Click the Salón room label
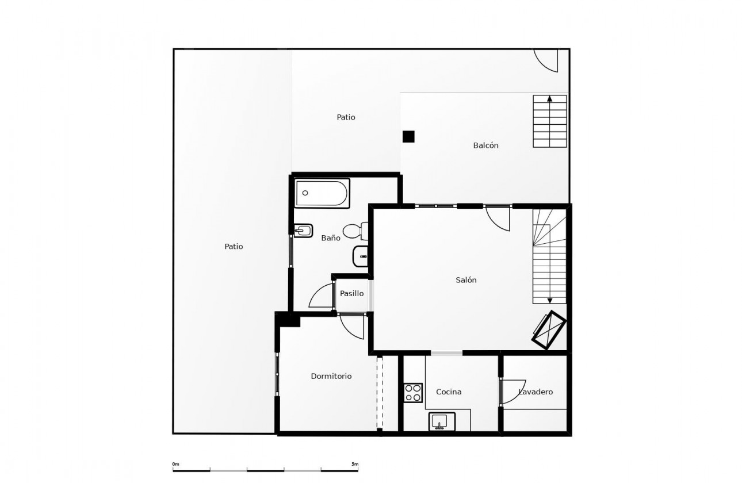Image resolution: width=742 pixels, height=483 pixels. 466,280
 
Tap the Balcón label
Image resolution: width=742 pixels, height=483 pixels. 485,145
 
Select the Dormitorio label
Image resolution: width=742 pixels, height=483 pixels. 331,376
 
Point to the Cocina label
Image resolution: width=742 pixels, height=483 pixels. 449,392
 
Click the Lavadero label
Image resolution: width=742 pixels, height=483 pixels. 536,392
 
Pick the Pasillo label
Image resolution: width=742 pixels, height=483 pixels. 351,293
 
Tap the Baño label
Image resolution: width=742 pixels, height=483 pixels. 330,237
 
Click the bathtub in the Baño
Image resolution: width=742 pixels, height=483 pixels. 322,193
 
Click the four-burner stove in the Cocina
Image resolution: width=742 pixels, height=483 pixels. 413,392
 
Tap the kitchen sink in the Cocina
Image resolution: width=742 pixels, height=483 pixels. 442,421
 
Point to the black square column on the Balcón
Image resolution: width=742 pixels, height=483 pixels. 408,136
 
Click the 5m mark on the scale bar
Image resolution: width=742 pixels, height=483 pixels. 354,464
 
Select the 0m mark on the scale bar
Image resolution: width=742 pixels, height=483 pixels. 175,464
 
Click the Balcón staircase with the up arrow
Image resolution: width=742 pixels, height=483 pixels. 549,121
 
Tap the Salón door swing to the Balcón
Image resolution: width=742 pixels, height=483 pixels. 498,218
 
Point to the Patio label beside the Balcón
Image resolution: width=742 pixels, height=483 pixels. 346,117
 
